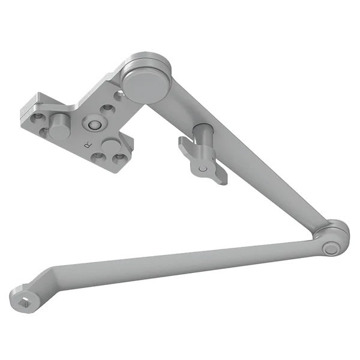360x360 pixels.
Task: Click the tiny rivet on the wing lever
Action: tap(203, 170)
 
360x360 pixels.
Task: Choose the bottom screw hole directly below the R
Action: tap(96, 158)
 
